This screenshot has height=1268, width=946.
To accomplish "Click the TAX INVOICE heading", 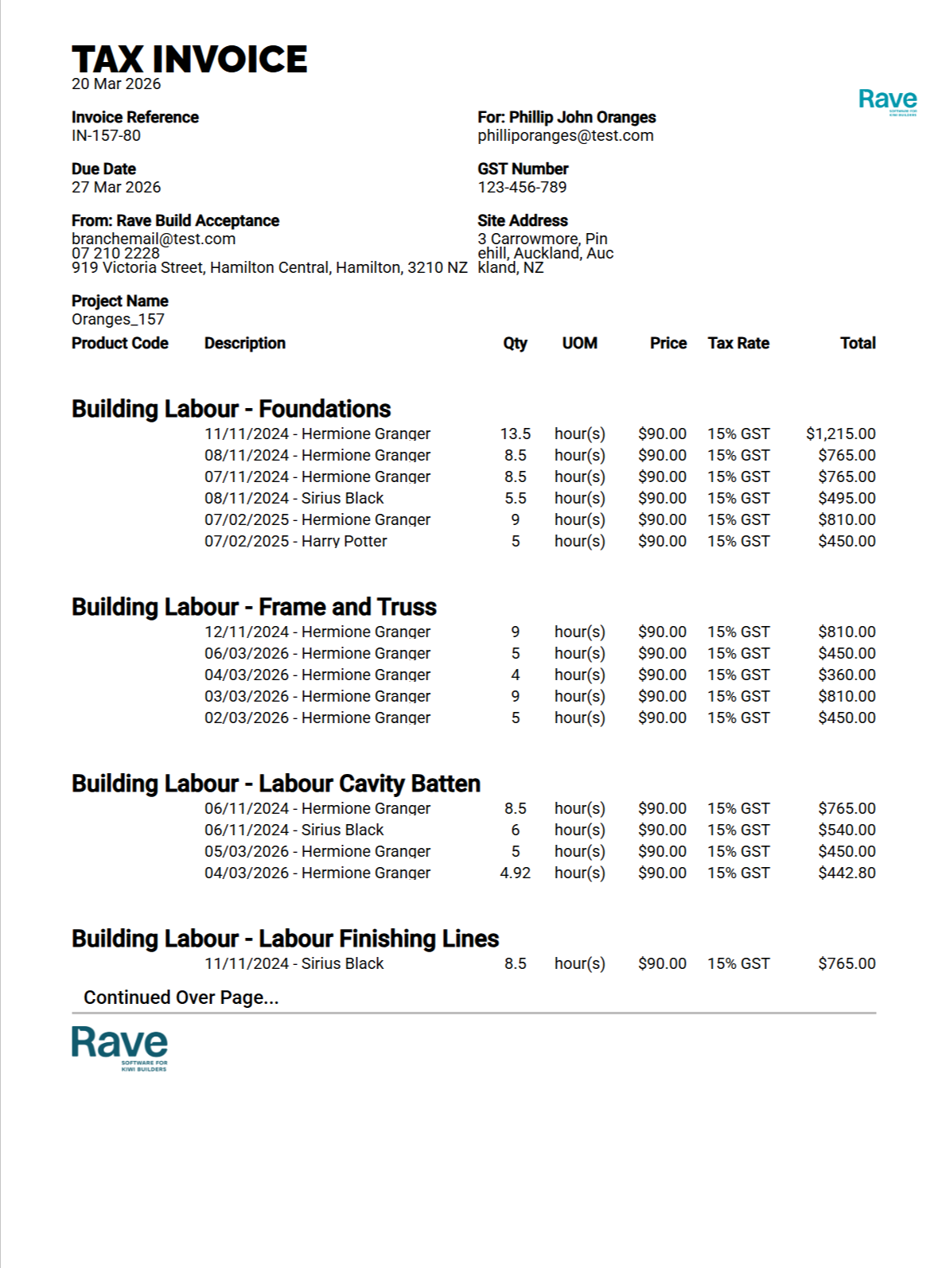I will point(189,60).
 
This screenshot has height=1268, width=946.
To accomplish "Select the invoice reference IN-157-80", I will point(106,136).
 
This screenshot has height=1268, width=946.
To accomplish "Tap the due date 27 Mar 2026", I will point(116,188).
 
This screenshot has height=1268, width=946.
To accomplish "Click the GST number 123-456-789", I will point(522,188).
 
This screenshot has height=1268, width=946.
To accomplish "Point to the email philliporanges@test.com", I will point(565,136).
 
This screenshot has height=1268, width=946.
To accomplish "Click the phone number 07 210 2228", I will point(115,253).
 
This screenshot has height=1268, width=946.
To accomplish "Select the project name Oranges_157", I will point(118,320).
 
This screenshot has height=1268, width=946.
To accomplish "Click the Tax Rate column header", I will point(738,344).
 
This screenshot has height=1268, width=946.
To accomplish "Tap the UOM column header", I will point(579,344).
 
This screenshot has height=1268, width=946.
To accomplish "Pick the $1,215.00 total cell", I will point(840,434).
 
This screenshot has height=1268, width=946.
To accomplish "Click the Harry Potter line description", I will point(295,542).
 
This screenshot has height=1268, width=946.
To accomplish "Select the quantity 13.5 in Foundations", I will point(515,434).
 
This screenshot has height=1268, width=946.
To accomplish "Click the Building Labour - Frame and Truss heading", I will point(254,608).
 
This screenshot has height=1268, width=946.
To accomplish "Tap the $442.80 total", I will point(847,873).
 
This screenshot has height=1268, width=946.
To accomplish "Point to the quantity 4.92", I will point(515,873).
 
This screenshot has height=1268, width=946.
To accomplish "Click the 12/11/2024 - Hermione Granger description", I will point(317,632).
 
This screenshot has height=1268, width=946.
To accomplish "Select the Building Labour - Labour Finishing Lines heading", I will point(285,939).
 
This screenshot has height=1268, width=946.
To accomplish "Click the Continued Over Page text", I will point(181,998).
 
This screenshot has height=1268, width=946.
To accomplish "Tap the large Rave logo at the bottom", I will point(119,1046).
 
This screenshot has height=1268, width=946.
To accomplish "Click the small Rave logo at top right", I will point(887,101).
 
